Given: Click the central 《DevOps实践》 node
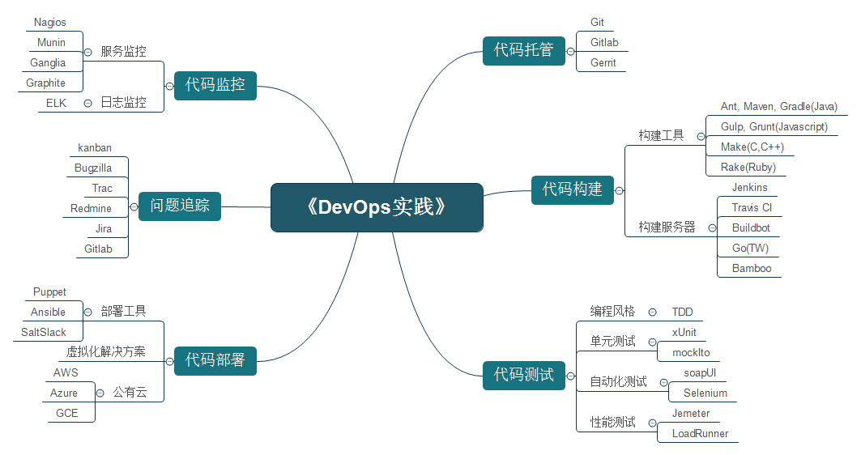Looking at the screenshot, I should [x=377, y=207].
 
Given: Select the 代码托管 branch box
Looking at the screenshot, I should [x=523, y=50].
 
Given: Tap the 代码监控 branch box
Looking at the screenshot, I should [x=215, y=83].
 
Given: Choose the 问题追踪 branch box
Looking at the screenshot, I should [x=180, y=206].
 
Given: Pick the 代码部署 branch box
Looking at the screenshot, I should [x=215, y=359].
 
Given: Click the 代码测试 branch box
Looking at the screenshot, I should [x=523, y=374].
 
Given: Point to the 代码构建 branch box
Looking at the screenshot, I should [x=572, y=189].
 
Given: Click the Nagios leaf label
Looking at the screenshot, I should [x=50, y=23].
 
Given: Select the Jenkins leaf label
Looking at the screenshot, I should [x=749, y=187].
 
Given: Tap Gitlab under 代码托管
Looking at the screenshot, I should [x=604, y=42].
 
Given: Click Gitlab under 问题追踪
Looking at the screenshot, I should [x=98, y=249].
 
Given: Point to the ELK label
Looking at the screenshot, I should [x=56, y=103].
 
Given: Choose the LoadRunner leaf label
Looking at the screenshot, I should [x=700, y=433].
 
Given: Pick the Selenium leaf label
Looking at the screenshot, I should [x=705, y=393].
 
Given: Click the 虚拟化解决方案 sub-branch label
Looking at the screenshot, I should [x=106, y=351].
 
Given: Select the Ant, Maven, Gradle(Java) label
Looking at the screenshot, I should [x=778, y=106].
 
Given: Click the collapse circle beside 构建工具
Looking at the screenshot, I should [x=701, y=136].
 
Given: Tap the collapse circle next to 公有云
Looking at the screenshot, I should [x=100, y=393].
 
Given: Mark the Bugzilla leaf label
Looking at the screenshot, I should [x=93, y=168].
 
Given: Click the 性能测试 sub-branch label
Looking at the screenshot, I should [x=612, y=422].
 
